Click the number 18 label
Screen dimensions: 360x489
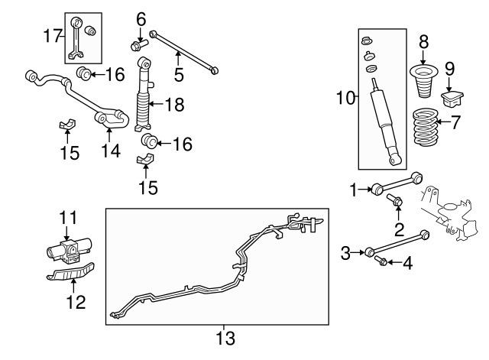(x=175, y=105)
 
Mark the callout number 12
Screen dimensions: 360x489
(x=75, y=302)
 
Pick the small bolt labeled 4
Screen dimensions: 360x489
(x=381, y=262)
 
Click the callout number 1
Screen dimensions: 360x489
(x=353, y=187)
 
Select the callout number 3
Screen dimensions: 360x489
(x=345, y=251)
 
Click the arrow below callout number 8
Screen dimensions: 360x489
(x=424, y=55)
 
